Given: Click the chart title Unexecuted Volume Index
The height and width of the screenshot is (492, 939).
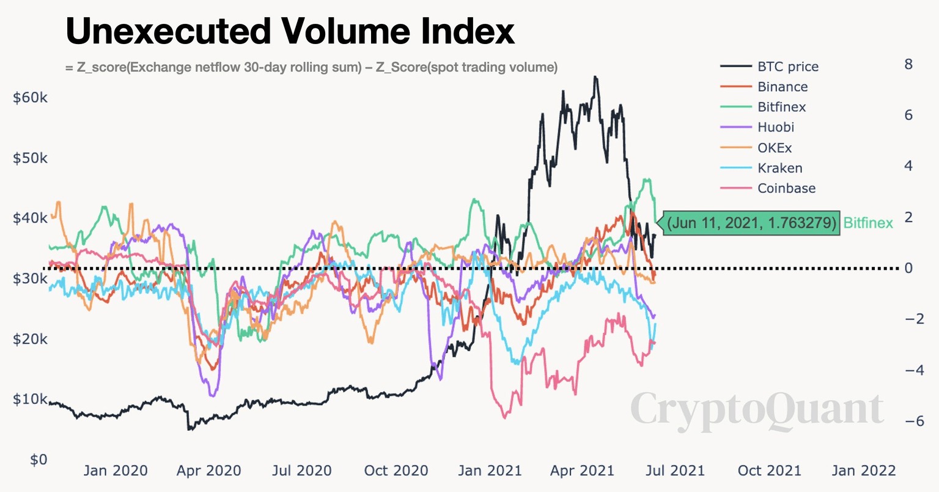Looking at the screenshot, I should [290, 31].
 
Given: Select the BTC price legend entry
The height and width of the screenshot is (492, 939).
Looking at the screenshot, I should [787, 67].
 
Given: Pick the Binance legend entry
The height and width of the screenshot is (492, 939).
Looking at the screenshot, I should [782, 87].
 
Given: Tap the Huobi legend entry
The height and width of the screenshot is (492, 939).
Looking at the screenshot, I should [776, 127].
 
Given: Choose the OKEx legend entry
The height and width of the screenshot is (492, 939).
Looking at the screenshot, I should [775, 147].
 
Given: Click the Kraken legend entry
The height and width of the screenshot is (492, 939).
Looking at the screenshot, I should [779, 168].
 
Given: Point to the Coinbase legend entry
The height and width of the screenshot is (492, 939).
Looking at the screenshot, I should [786, 188].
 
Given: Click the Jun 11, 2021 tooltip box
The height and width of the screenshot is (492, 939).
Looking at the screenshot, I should [751, 223].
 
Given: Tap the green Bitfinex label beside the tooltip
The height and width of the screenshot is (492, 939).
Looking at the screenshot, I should [868, 223].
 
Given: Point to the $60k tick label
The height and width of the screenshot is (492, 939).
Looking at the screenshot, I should [30, 98].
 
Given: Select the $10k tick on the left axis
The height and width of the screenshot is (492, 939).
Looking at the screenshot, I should [30, 400].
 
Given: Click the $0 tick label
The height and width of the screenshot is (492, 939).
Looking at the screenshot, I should [38, 460].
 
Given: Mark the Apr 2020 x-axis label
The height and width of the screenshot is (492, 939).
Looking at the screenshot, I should [208, 471].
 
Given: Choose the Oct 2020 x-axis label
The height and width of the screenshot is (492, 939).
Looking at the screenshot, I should [396, 471].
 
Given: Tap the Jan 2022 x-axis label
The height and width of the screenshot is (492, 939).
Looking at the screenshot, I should [863, 471].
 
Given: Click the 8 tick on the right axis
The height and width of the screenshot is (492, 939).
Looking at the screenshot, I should [908, 64].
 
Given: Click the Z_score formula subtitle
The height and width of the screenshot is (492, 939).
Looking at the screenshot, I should [311, 67].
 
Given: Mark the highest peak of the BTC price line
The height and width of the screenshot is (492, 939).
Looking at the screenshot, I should [595, 77].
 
